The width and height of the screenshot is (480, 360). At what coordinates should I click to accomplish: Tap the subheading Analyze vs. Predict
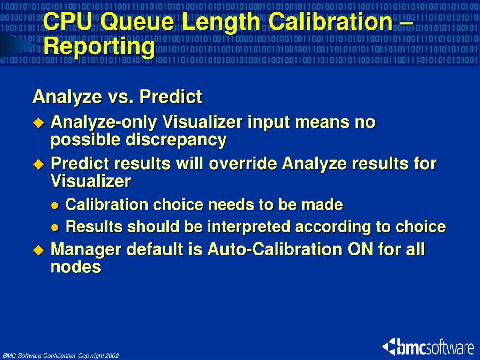pyautogui.click(x=117, y=97)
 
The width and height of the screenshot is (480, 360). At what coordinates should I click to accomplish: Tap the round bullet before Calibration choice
pyautogui.click(x=55, y=205)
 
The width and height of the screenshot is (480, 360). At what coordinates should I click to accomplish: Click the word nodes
pyautogui.click(x=75, y=267)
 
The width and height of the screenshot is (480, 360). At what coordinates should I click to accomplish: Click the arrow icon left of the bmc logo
pyautogui.click(x=389, y=347)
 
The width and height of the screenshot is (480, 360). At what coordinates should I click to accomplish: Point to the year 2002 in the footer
pyautogui.click(x=112, y=356)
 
